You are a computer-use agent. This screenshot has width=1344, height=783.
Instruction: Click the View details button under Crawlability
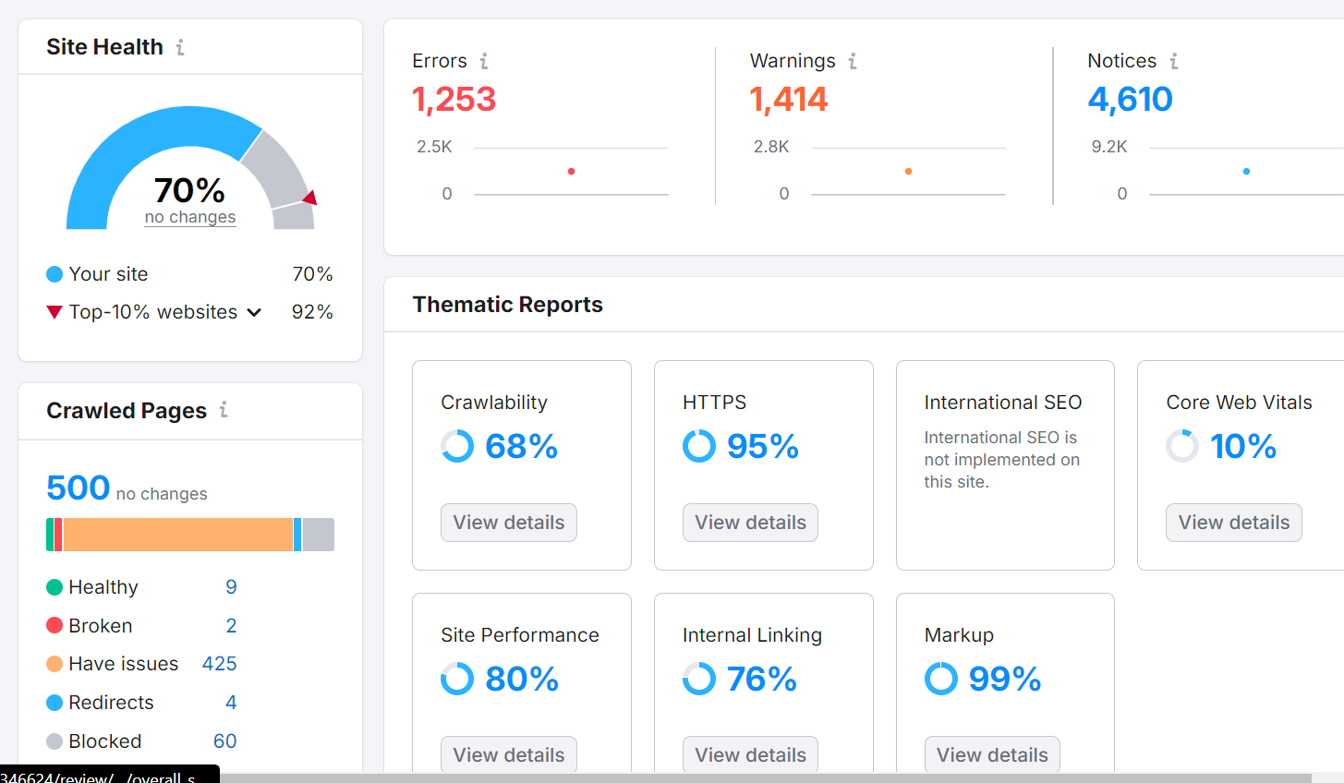(508, 523)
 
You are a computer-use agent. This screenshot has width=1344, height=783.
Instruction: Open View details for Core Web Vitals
(1233, 523)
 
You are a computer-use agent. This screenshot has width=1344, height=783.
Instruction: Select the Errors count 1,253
(454, 100)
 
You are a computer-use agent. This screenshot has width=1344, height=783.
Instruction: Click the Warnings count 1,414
(789, 100)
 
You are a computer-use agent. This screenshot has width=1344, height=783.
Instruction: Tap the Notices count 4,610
(1130, 100)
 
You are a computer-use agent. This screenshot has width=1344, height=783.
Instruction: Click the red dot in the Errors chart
(571, 172)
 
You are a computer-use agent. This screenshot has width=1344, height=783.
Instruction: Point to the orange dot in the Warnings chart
(909, 172)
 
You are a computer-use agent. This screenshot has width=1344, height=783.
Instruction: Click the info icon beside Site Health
(180, 47)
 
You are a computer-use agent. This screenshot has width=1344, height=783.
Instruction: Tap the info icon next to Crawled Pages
(224, 410)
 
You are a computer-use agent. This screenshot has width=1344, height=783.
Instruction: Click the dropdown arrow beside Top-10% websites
(254, 312)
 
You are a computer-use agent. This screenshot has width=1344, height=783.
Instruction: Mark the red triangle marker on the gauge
(310, 198)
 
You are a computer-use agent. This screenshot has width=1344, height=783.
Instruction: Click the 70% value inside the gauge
(189, 190)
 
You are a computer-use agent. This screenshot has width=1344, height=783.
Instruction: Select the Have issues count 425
(219, 664)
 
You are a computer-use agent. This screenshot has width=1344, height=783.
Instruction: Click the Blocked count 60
(224, 741)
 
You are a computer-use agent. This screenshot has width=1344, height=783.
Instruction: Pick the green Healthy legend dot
(54, 587)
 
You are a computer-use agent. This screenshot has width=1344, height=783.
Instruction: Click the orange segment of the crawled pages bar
(177, 535)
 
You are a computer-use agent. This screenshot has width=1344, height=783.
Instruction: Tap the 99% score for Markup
(1004, 680)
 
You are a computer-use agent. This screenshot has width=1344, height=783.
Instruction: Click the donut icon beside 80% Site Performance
(457, 679)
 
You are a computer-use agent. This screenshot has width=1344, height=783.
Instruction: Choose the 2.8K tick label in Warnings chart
(771, 147)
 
